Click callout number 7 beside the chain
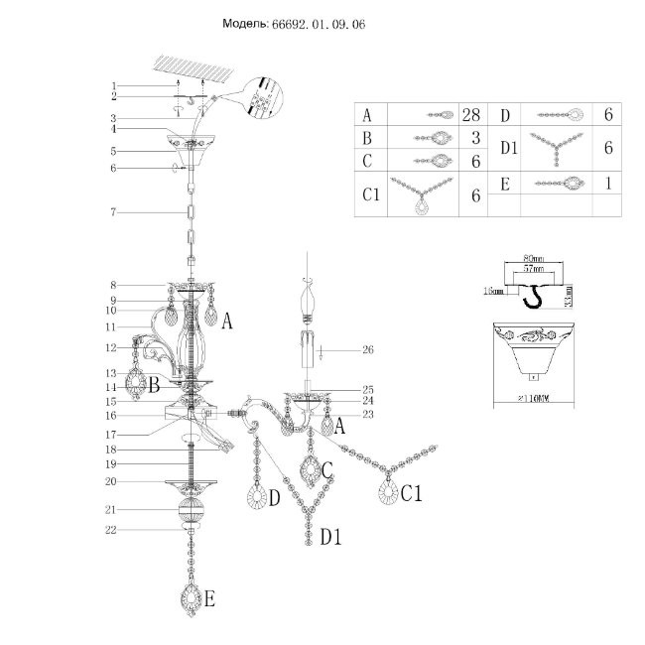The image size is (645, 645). pyautogui.click(x=114, y=213)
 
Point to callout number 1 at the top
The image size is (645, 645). pyautogui.click(x=114, y=86)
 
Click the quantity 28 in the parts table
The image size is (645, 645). pyautogui.click(x=471, y=115)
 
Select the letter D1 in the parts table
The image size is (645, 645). pyautogui.click(x=509, y=149)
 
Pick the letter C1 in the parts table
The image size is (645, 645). pyautogui.click(x=372, y=195)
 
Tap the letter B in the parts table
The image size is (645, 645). pyautogui.click(x=367, y=138)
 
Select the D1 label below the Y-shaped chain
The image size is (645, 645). pyautogui.click(x=330, y=537)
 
